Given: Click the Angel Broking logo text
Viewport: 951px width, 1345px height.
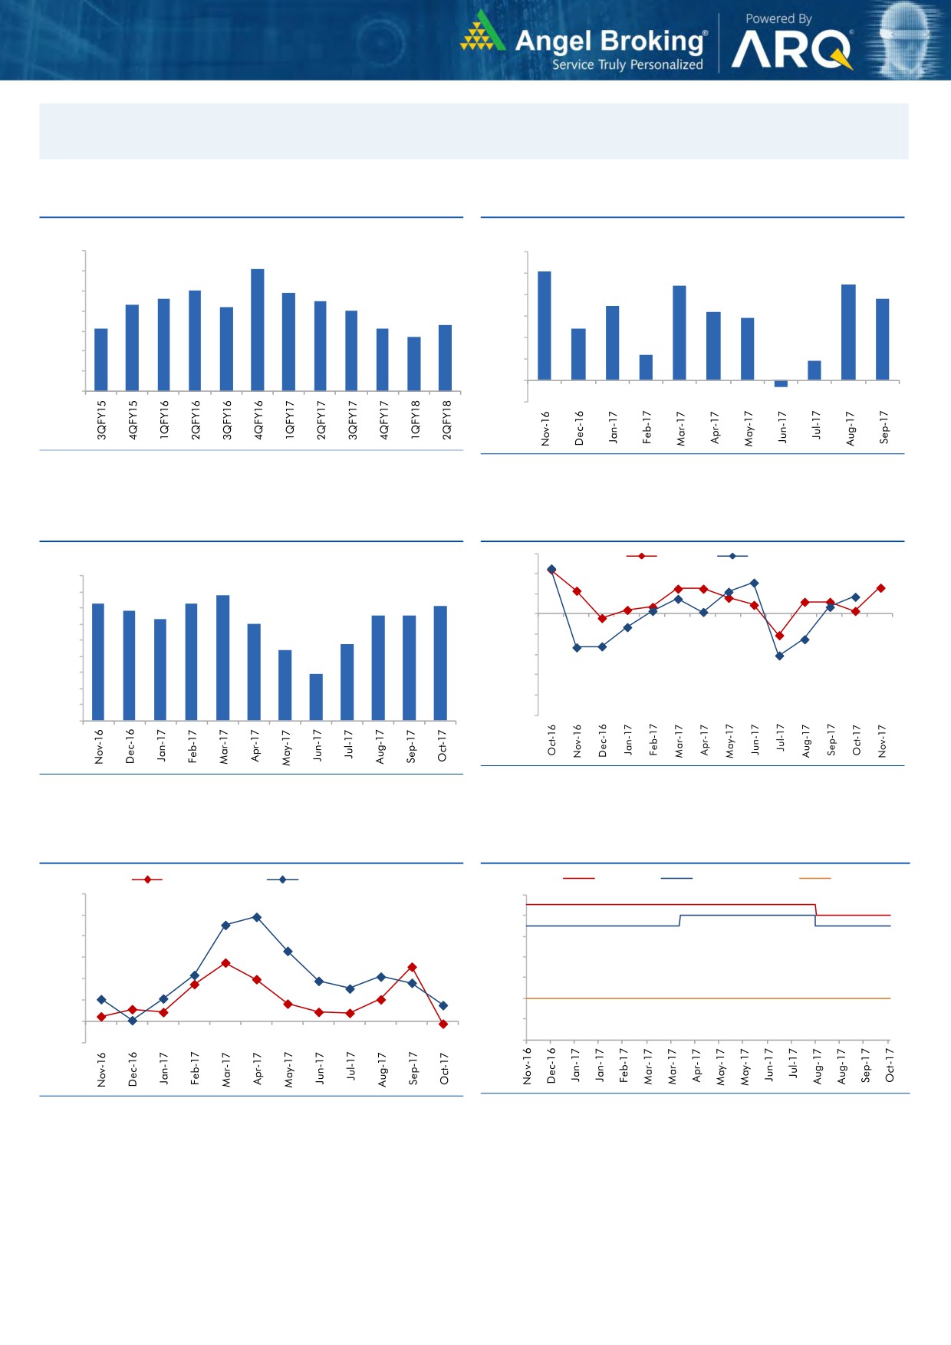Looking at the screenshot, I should click(x=610, y=41).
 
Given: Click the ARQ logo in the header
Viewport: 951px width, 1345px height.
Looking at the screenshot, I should click(x=791, y=51).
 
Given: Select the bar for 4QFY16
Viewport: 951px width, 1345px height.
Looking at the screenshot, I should click(x=258, y=330).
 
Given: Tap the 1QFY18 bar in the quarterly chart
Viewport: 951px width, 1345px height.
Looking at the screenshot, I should click(x=414, y=363).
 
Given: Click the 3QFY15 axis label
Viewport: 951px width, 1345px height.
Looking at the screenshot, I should click(x=101, y=419).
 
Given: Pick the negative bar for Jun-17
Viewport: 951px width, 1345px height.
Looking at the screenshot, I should click(x=781, y=383).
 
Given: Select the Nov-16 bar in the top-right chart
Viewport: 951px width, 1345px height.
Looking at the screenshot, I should click(x=545, y=325).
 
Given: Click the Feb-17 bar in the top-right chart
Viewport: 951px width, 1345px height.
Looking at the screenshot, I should click(x=646, y=367).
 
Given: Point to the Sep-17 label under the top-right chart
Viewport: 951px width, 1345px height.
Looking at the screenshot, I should click(x=884, y=427).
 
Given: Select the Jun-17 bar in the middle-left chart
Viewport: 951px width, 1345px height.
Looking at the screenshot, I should click(x=316, y=697).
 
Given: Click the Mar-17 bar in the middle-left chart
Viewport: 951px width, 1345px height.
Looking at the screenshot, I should click(x=222, y=657).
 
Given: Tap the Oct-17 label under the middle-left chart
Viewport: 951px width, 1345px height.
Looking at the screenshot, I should click(x=442, y=746).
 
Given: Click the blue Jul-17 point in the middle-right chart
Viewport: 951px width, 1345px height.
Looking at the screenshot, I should click(x=779, y=656).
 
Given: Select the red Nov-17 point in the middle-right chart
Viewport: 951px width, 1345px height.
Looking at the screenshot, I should click(x=881, y=588).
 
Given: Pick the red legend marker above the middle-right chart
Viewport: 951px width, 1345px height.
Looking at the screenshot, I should click(x=641, y=556).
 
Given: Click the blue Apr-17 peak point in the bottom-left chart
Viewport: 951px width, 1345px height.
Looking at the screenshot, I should click(x=257, y=917).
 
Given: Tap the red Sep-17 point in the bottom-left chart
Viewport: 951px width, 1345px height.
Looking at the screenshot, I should click(x=413, y=967).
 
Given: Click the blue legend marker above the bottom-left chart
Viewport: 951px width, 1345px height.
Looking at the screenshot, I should click(x=282, y=880).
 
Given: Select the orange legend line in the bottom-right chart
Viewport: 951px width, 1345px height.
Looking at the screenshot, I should click(x=814, y=878).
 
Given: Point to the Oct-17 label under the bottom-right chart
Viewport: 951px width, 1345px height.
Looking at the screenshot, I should click(x=890, y=1065).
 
